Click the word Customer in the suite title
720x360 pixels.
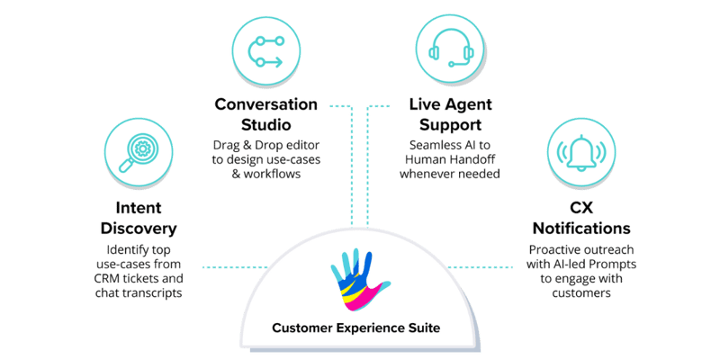[x=301, y=327]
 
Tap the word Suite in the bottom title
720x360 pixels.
[x=422, y=327]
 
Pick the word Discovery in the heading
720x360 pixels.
[x=139, y=229]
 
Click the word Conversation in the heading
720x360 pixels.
[x=265, y=103]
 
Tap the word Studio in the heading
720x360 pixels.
[x=265, y=124]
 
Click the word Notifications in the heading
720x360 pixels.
[x=580, y=229]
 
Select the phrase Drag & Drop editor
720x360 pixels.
[x=265, y=146]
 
